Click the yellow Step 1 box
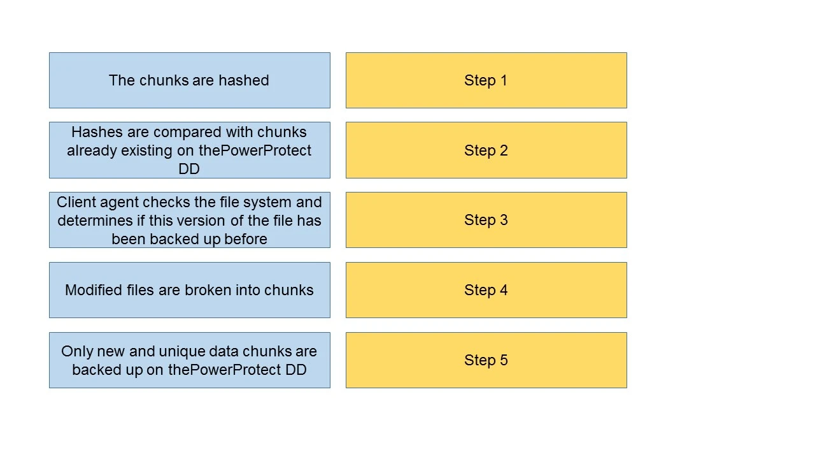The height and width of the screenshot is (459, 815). click(x=486, y=80)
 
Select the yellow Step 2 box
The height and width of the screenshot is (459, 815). click(x=486, y=150)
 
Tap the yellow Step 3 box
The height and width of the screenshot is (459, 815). click(x=486, y=220)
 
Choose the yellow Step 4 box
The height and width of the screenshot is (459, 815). click(x=486, y=290)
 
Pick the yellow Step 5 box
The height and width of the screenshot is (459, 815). click(x=486, y=360)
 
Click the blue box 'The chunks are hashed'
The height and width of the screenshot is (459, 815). click(x=189, y=80)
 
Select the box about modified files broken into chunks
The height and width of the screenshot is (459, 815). click(x=189, y=290)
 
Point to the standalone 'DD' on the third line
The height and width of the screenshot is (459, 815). click(x=189, y=169)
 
